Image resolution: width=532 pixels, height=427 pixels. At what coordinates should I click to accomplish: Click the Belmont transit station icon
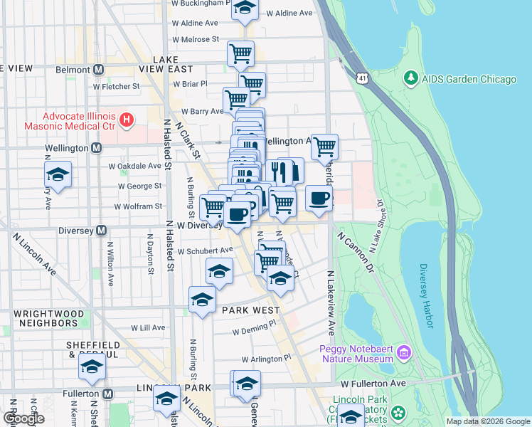pos(98,70)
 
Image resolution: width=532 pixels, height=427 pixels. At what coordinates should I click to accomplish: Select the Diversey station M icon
pos(102,231)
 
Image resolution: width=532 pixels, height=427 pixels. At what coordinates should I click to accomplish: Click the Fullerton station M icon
pos(108,394)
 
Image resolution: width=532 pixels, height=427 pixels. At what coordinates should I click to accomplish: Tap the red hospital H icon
pos(127,119)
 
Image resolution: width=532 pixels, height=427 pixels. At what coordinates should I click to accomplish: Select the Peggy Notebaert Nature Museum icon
pos(404,352)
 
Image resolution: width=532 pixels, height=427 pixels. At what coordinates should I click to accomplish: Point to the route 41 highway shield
pos(363,77)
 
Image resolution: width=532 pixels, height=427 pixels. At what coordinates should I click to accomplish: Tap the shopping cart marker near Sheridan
pos(324,147)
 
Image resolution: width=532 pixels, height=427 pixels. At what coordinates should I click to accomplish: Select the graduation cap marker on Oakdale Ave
pos(58,174)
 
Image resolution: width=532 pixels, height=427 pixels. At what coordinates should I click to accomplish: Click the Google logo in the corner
pos(23,418)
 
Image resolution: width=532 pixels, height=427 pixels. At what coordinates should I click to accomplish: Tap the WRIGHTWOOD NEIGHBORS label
pos(48,318)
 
